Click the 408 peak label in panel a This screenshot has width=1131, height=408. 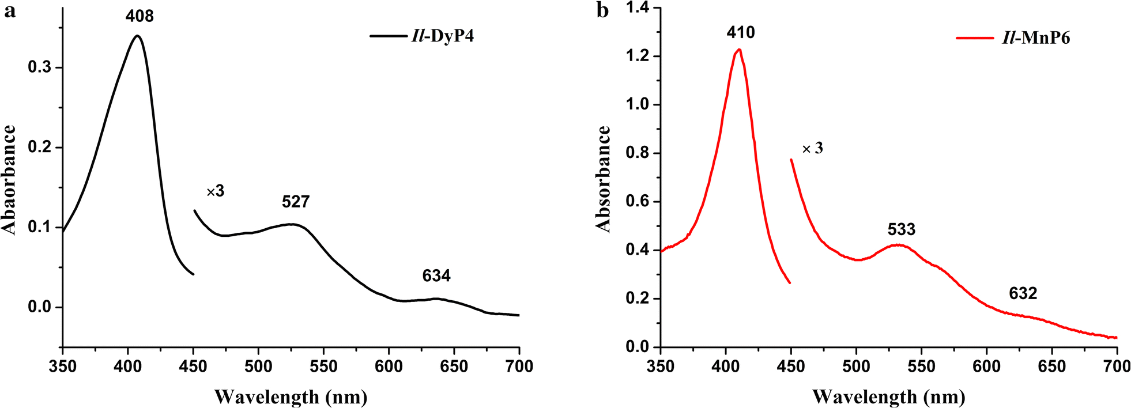[140, 16]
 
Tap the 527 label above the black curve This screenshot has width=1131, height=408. [296, 202]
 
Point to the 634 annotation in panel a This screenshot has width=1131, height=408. [436, 276]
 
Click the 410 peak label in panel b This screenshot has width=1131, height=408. [741, 32]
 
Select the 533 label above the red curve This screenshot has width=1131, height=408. [902, 229]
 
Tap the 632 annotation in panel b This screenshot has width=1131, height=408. [1023, 293]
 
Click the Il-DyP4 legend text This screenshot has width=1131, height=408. [442, 36]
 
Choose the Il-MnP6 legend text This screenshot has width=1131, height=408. [1036, 38]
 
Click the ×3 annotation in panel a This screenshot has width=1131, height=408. [215, 191]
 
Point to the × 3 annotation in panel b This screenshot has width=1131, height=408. [813, 149]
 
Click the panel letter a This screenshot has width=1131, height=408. [10, 10]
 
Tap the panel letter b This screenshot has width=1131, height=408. [603, 10]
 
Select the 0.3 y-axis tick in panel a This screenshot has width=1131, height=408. [40, 67]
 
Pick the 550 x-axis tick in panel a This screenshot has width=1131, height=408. [323, 367]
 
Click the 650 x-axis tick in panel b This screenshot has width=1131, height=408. [1052, 367]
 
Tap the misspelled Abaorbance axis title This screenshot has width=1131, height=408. [10, 180]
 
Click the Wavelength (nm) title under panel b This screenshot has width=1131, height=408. [888, 396]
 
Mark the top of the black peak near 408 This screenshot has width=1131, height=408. [137, 36]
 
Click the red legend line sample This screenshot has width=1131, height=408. [975, 38]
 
